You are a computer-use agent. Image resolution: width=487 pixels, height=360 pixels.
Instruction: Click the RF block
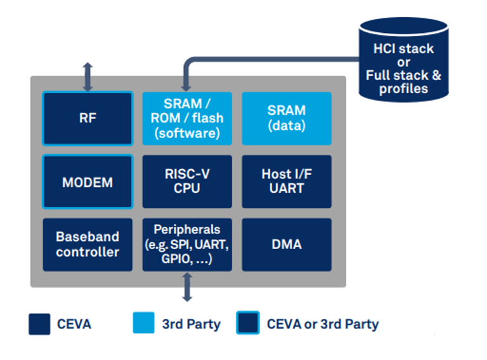[88, 119]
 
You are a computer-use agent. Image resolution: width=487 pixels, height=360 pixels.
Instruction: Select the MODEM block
[88, 182]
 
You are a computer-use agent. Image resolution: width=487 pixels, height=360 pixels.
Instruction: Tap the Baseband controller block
[88, 245]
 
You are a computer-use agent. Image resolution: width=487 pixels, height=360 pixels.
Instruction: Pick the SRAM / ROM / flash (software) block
[187, 119]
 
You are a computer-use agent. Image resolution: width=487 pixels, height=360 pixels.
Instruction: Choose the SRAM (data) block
[287, 119]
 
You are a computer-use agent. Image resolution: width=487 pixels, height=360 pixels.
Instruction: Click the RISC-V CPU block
[187, 182]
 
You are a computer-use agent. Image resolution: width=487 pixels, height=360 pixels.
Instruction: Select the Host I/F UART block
[287, 182]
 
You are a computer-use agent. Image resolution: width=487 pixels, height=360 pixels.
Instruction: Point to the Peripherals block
[187, 245]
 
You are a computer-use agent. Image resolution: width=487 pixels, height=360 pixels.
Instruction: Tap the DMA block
[287, 245]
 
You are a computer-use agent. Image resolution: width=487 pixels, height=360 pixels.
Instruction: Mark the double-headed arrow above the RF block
[88, 77]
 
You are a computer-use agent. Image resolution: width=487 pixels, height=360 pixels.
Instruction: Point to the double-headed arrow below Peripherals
[187, 286]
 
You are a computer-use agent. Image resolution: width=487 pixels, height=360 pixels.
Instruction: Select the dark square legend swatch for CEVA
[39, 324]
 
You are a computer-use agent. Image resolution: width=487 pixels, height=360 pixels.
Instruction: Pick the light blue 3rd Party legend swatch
[143, 324]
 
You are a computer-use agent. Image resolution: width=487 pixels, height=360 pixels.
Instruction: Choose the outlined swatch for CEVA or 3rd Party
[247, 324]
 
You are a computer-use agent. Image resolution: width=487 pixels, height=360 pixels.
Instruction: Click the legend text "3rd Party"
[191, 325]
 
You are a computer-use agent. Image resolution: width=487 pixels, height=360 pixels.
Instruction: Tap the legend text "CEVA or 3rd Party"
[322, 325]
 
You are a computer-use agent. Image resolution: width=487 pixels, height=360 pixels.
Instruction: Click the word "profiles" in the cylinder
[403, 89]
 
